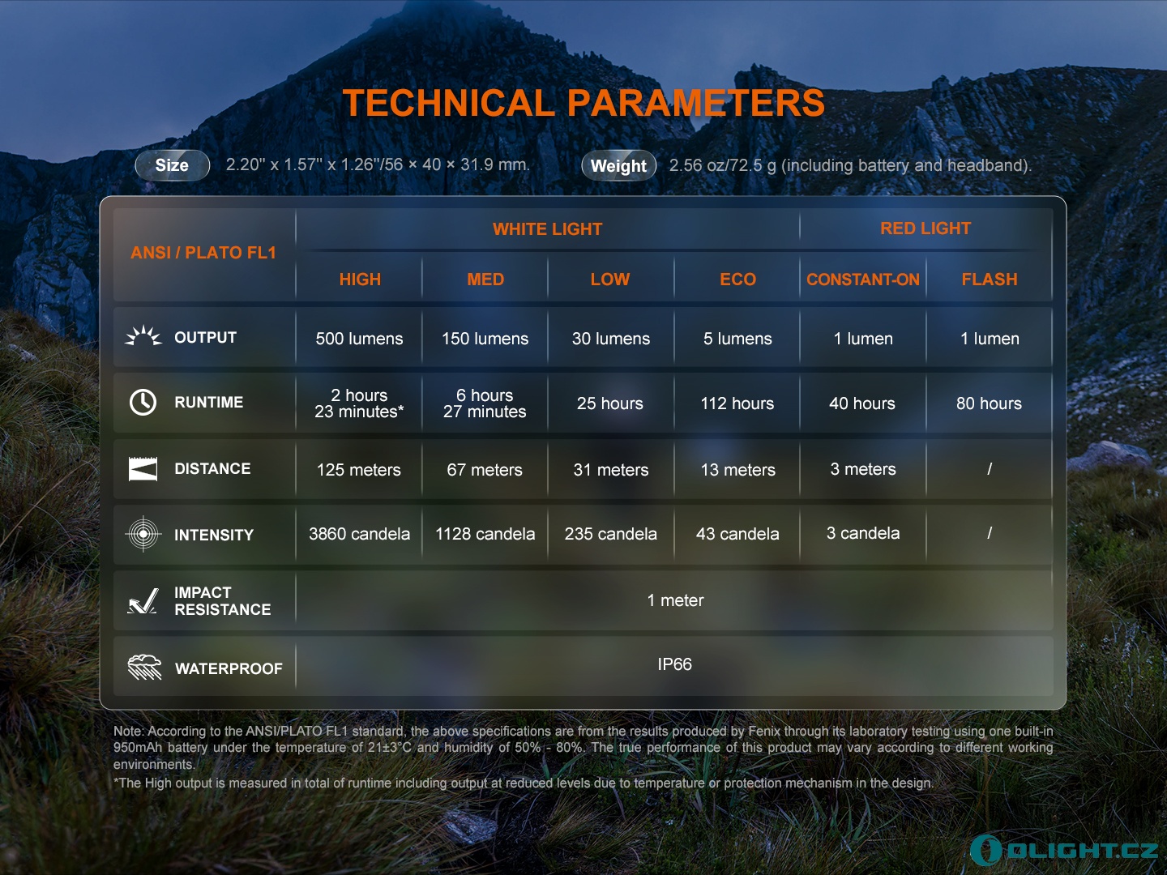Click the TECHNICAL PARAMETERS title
[583, 103]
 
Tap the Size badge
[173, 165]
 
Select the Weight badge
[618, 166]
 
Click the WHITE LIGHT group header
[547, 229]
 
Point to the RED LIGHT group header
[925, 228]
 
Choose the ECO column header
[737, 280]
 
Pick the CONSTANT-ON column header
[862, 280]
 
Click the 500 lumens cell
[359, 339]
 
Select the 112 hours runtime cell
[737, 403]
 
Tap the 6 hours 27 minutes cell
[485, 403]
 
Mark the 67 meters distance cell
[485, 470]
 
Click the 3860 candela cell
[359, 534]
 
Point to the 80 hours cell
[989, 403]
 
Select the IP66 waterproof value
[674, 664]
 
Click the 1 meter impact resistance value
[675, 600]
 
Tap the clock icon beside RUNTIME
[143, 402]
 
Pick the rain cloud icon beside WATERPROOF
[144, 667]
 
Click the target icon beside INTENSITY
[143, 534]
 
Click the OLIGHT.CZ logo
[1064, 850]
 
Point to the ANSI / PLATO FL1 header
[203, 253]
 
